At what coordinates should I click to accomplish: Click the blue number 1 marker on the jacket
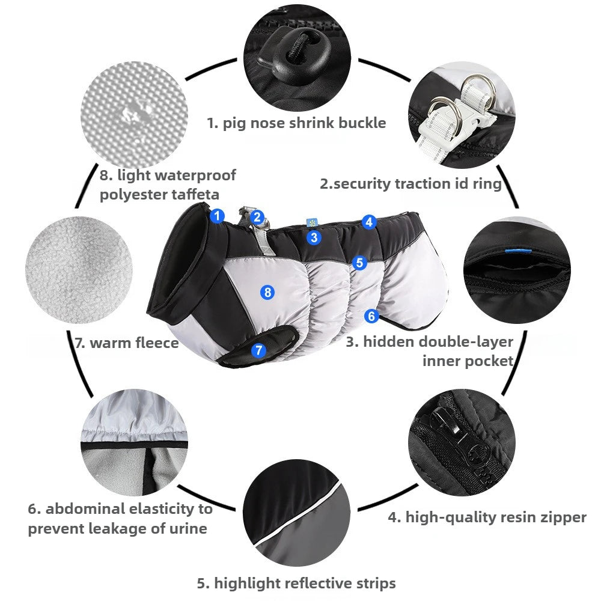[x=217, y=216]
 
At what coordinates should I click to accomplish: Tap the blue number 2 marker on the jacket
[x=257, y=218]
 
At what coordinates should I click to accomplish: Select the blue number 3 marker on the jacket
[x=314, y=237]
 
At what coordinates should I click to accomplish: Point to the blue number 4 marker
[x=369, y=222]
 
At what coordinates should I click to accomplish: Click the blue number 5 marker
[x=359, y=263]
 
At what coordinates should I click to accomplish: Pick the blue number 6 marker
[x=371, y=316]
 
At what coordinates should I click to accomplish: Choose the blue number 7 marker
[x=258, y=350]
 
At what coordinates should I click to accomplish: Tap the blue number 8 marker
[x=267, y=293]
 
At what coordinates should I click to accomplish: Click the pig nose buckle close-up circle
[x=297, y=58]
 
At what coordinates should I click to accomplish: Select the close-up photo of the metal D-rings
[x=462, y=115]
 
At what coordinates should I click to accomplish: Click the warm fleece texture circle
[x=79, y=270]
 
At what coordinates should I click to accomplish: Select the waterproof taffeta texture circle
[x=134, y=115]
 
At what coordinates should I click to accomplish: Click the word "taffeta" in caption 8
[x=195, y=194]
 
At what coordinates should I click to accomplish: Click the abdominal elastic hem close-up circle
[x=134, y=443]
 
